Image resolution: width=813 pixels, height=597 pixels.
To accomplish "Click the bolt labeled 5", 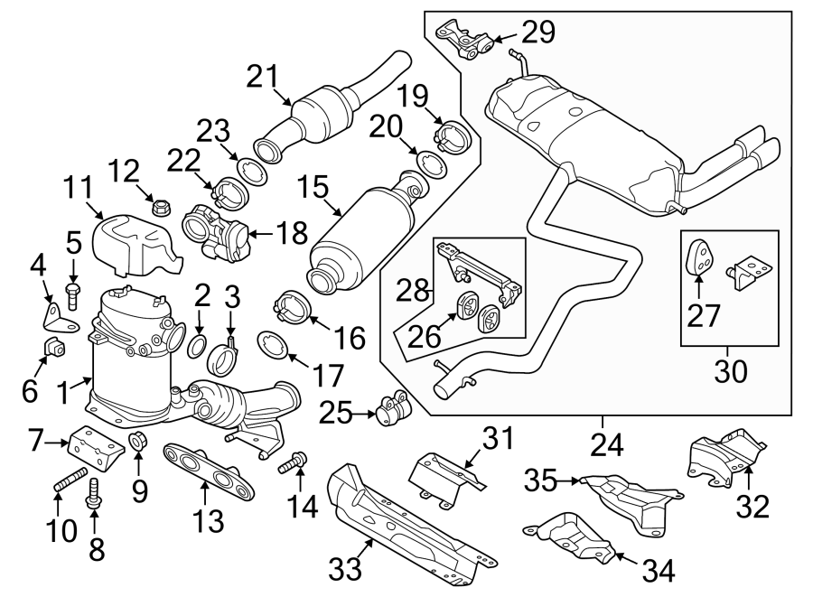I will pos(73,292).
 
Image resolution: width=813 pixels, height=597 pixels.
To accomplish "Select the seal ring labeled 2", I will pos(200,348).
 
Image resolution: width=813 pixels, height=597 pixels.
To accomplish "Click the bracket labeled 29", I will pos(467,42).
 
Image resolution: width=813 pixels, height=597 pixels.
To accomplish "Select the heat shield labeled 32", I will pos(726,454).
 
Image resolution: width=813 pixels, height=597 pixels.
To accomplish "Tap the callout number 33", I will pos(345,568).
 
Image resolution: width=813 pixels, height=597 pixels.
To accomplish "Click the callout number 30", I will pos(728,370).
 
